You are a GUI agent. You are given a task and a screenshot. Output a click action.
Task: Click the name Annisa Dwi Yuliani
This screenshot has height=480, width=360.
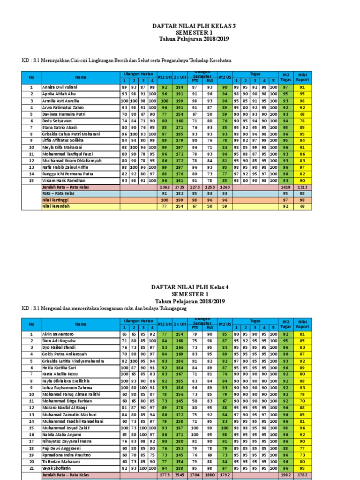60,87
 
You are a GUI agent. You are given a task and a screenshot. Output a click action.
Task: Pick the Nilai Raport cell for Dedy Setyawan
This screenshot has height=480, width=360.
302,120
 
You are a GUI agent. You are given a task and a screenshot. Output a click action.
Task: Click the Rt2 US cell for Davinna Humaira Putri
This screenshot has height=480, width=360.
225,113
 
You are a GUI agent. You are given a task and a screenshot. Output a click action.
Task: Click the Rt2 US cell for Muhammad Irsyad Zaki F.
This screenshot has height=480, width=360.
225,427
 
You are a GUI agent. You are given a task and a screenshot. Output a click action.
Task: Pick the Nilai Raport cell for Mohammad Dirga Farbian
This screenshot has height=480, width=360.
302,401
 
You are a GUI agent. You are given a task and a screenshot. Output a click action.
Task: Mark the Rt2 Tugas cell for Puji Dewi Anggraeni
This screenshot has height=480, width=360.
285,448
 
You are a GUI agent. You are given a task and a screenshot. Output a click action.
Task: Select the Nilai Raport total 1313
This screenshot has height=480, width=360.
302,187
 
